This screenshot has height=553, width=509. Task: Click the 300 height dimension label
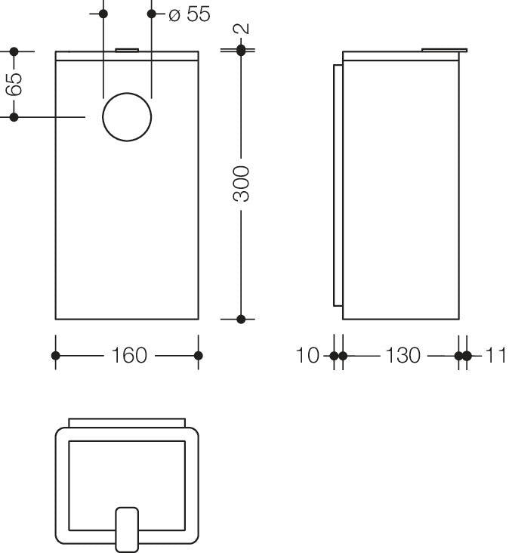point(241,184)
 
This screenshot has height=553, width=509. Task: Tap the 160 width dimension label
point(129,355)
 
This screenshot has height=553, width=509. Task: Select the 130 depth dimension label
point(403,355)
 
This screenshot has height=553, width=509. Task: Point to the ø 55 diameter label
point(190,14)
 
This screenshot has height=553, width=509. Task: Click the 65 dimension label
point(14,85)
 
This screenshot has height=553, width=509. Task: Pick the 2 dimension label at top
point(242,29)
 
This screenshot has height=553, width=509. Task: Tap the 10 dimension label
point(307,355)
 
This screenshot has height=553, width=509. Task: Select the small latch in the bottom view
point(127,530)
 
